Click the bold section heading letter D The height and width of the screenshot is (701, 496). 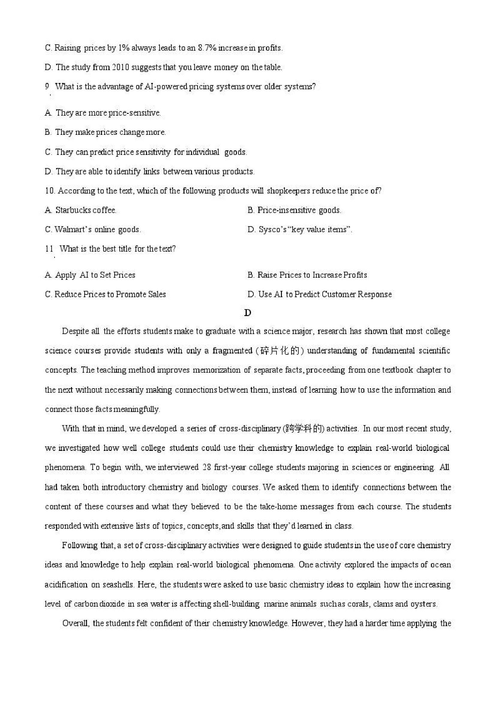(247, 313)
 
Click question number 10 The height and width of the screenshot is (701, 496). (50, 191)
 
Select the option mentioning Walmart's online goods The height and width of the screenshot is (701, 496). (93, 229)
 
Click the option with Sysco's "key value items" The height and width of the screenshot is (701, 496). (300, 229)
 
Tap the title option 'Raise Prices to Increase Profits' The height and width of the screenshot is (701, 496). (307, 275)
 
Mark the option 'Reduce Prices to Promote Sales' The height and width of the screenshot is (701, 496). (106, 294)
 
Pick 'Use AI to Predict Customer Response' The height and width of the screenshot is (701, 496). (320, 294)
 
